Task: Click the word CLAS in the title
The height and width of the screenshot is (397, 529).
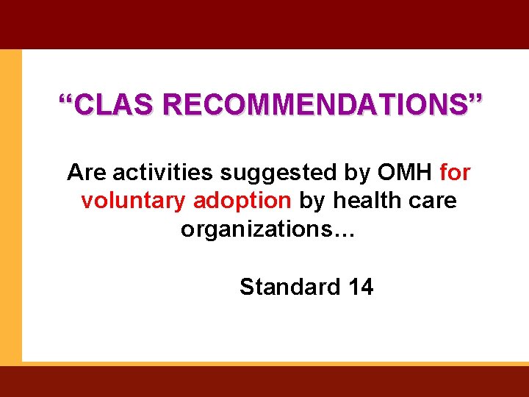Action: tap(115, 104)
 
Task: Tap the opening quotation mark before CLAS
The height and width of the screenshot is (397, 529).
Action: tap(67, 99)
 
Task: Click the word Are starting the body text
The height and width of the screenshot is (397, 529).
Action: tap(87, 173)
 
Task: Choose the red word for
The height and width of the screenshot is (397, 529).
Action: tap(455, 173)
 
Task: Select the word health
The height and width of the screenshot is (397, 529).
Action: tap(367, 201)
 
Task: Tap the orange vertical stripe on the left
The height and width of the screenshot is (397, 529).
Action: tap(10, 206)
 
